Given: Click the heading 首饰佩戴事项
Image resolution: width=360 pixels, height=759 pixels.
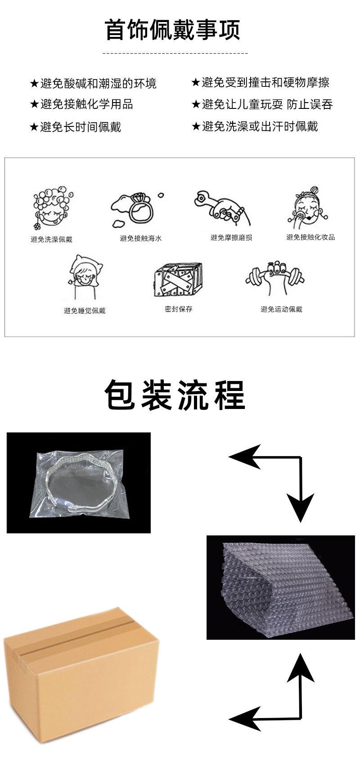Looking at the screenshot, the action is [173, 30].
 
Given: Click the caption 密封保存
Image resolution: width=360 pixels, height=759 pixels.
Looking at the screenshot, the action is [178, 309].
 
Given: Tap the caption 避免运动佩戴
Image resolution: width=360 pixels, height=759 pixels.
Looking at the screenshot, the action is [281, 309].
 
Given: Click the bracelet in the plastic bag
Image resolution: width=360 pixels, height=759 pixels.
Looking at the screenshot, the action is [80, 482].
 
